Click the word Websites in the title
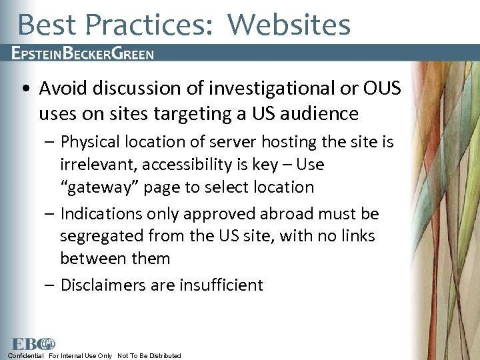point(289,25)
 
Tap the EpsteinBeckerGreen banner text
point(83,53)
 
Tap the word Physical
point(91,142)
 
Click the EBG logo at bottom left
point(33,344)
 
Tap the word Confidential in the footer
point(25,355)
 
